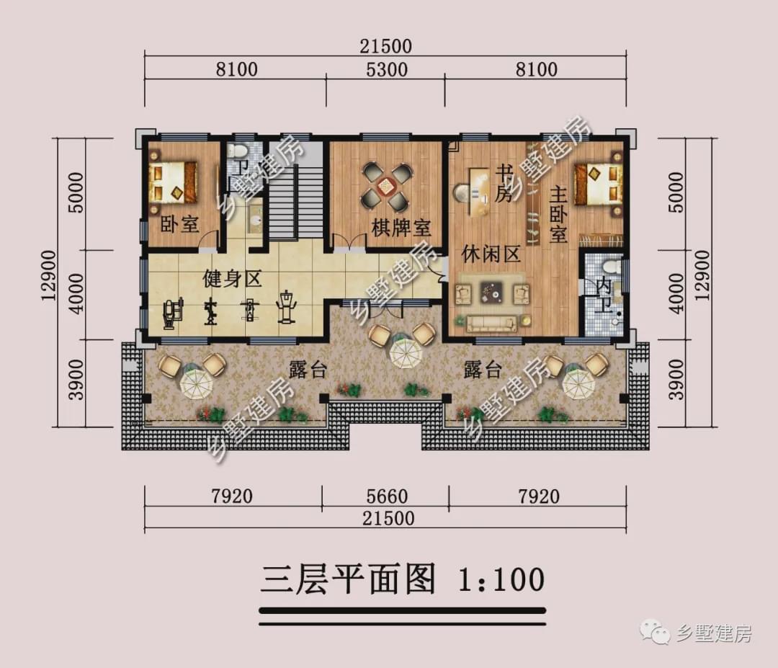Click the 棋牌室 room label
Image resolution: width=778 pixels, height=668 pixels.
pyautogui.click(x=401, y=228)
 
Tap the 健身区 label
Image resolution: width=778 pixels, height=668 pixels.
pyautogui.click(x=232, y=278)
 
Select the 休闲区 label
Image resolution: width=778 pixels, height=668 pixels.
pyautogui.click(x=491, y=255)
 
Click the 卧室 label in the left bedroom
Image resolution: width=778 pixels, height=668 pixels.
pyautogui.click(x=179, y=224)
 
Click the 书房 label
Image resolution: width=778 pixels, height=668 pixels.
pyautogui.click(x=504, y=184)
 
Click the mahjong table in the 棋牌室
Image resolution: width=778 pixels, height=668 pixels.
pyautogui.click(x=387, y=184)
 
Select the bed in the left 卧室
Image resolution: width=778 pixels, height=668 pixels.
pyautogui.click(x=173, y=182)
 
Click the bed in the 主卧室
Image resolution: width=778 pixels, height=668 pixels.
pyautogui.click(x=598, y=183)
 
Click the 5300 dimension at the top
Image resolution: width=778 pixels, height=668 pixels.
pyautogui.click(x=387, y=70)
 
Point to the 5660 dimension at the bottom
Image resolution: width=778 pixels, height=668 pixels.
pyautogui.click(x=387, y=496)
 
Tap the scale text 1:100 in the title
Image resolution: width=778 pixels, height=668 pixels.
pyautogui.click(x=500, y=579)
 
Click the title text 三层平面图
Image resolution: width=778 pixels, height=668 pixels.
pyautogui.click(x=349, y=579)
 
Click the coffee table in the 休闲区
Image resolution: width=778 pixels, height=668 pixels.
pyautogui.click(x=493, y=293)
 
